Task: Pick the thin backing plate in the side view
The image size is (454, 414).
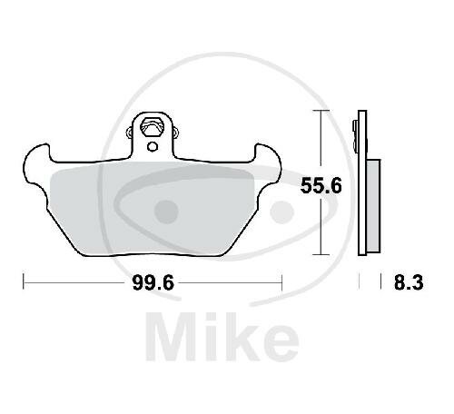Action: pyautogui.click(x=362, y=182)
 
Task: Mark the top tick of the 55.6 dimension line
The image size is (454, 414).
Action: pyautogui.click(x=321, y=111)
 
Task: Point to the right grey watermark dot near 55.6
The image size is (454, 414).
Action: pyautogui.click(x=286, y=212)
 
